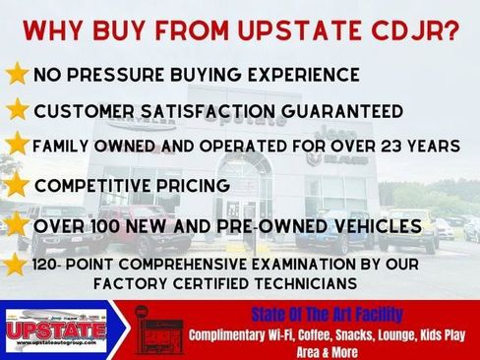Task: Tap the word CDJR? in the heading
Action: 422,30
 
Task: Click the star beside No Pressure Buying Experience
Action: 17,75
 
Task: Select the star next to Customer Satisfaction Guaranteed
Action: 17,109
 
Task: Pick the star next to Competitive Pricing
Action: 17,184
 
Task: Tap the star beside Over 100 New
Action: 17,225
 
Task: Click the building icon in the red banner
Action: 154,329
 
